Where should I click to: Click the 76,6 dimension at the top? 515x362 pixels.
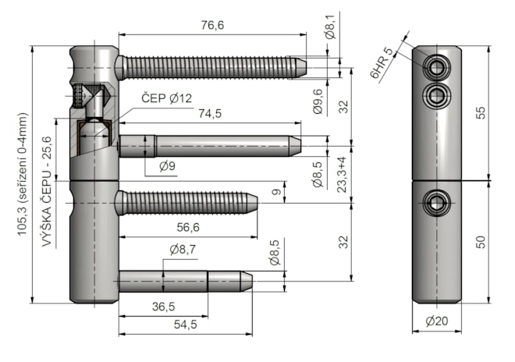pos(211,26)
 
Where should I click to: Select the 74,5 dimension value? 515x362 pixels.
pos(210,113)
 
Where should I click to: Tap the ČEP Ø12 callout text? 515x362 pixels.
pos(166,98)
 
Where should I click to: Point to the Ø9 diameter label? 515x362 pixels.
pos(166,165)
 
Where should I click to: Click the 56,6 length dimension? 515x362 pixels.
pos(184,227)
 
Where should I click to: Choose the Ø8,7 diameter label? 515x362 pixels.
pos(183,250)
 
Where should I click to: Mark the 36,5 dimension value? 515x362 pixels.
pos(163,307)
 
